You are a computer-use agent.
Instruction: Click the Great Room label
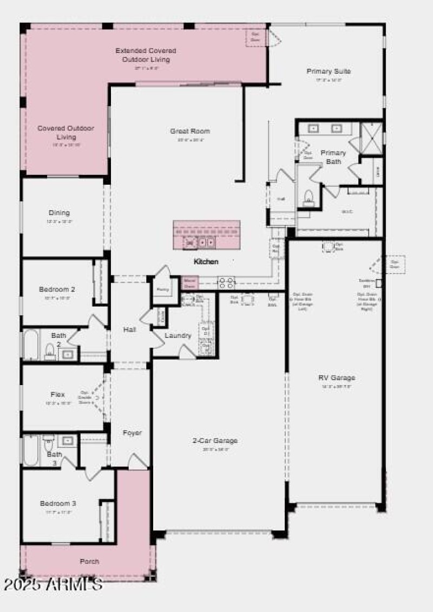(x=190, y=131)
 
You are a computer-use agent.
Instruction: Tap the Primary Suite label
(x=329, y=71)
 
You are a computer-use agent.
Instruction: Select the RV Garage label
(x=336, y=378)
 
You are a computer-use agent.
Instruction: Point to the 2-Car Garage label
(x=215, y=441)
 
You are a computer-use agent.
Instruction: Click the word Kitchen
(x=206, y=262)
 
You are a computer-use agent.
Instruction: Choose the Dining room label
(x=59, y=213)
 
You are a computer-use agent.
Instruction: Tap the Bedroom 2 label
(x=57, y=289)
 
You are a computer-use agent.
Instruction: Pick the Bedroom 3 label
(x=58, y=504)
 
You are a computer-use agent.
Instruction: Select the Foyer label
(x=132, y=433)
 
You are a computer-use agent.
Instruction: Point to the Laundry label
(x=178, y=336)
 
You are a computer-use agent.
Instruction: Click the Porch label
(x=89, y=562)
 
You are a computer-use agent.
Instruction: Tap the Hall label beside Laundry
(x=129, y=329)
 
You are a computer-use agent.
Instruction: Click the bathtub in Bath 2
(x=30, y=344)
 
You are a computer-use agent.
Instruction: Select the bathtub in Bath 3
(x=30, y=451)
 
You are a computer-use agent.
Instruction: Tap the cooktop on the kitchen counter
(x=226, y=282)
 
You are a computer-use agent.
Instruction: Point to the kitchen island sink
(x=200, y=243)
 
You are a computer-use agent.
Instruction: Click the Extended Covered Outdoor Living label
(x=146, y=55)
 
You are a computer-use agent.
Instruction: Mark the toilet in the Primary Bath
(x=309, y=197)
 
